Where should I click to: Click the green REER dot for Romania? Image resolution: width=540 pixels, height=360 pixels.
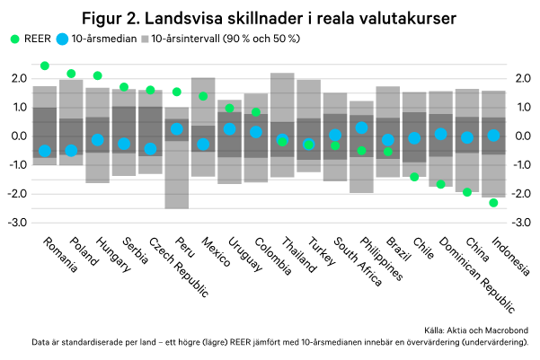coord(45,66)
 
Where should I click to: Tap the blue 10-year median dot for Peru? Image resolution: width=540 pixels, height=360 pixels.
coord(177,129)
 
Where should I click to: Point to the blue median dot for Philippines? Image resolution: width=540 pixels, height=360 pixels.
coord(361,128)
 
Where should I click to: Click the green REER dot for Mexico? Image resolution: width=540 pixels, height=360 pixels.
coord(203,96)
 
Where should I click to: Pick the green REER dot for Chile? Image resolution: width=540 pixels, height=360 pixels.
coord(414,177)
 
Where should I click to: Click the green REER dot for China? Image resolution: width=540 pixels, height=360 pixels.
coord(467,192)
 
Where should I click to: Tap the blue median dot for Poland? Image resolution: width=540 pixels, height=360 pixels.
coord(71,150)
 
